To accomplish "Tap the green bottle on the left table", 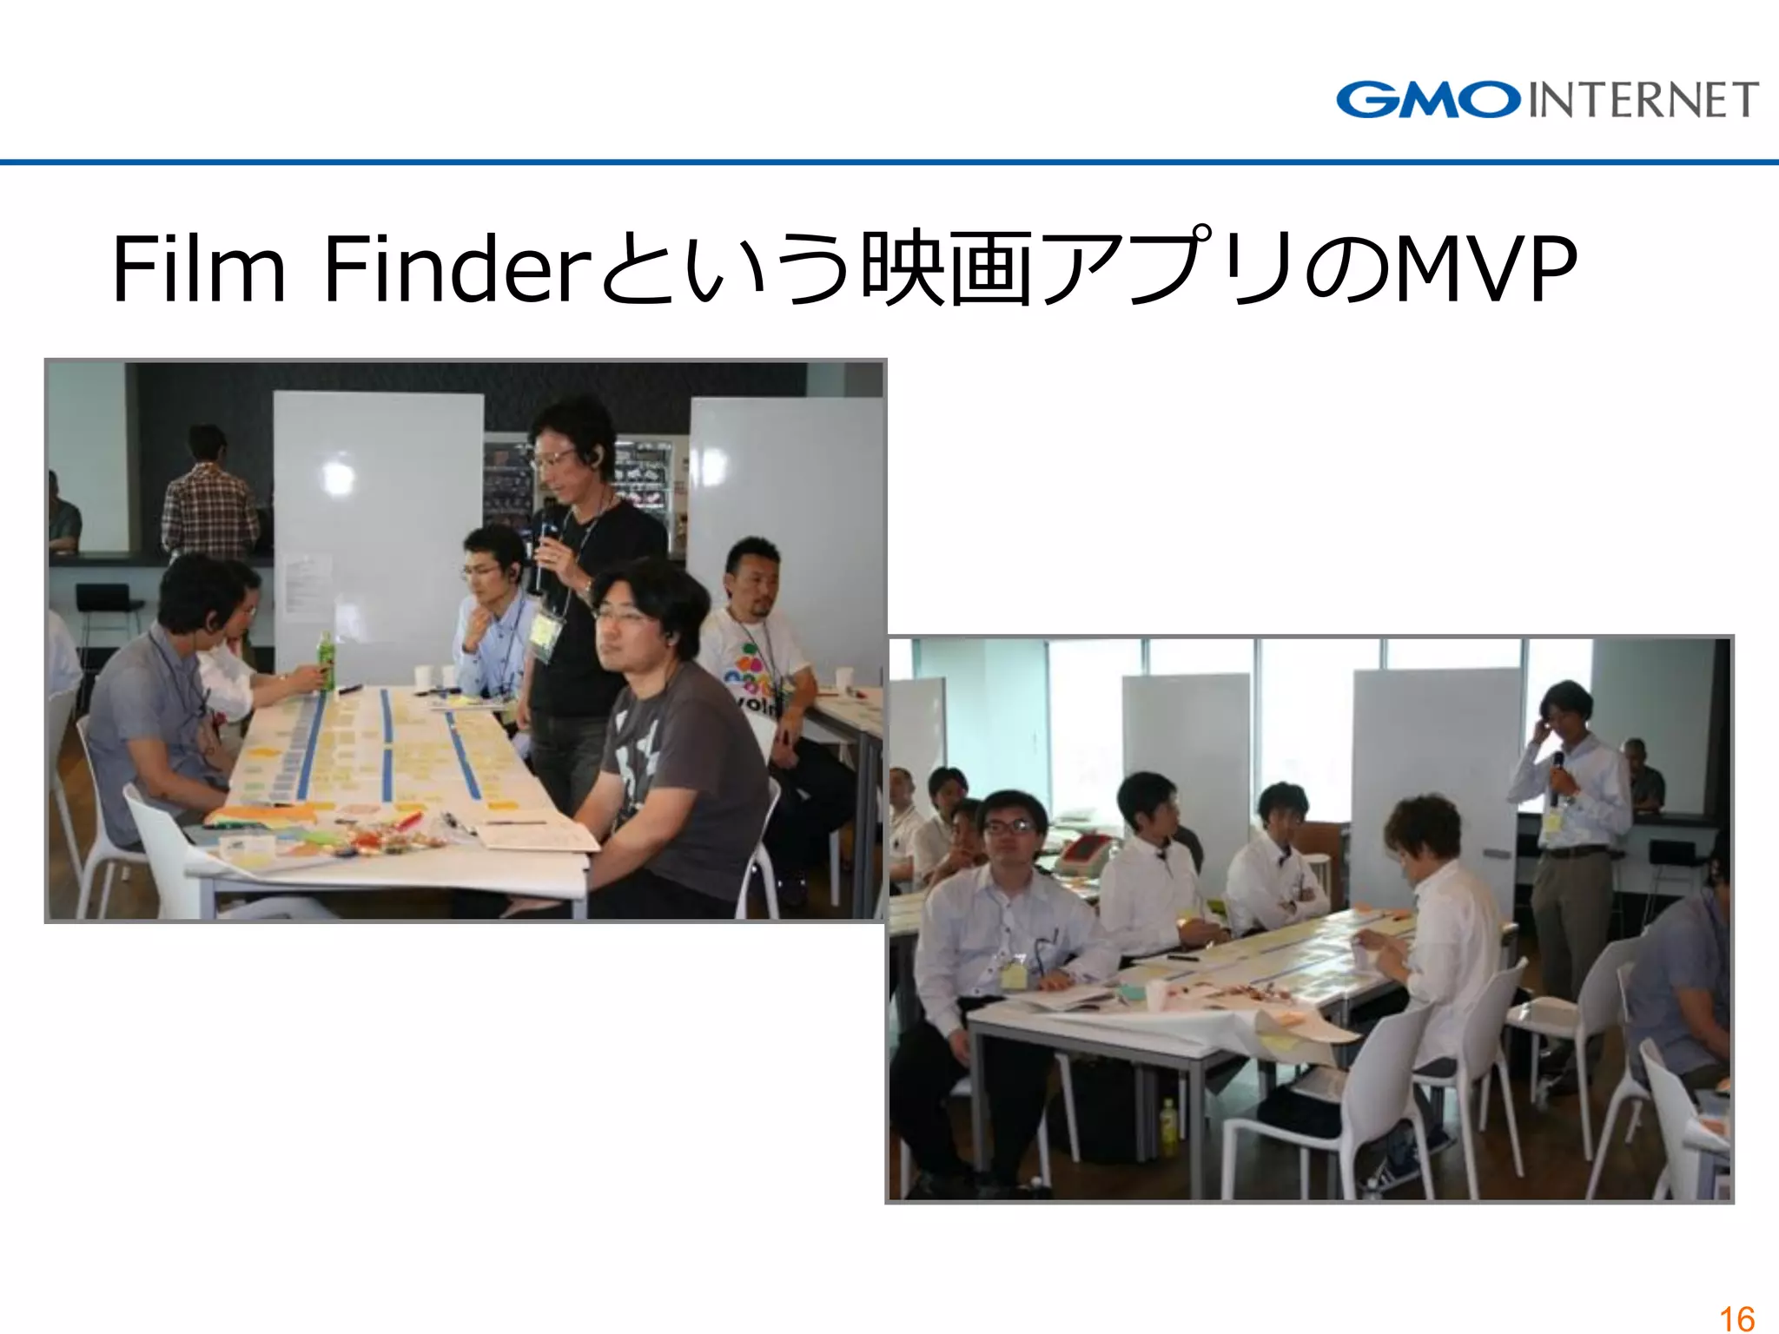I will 326,662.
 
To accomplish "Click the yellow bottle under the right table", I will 1169,1120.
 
